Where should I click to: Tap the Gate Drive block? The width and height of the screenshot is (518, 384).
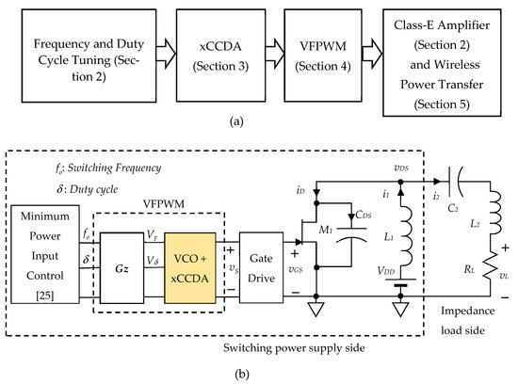pos(262,259)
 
